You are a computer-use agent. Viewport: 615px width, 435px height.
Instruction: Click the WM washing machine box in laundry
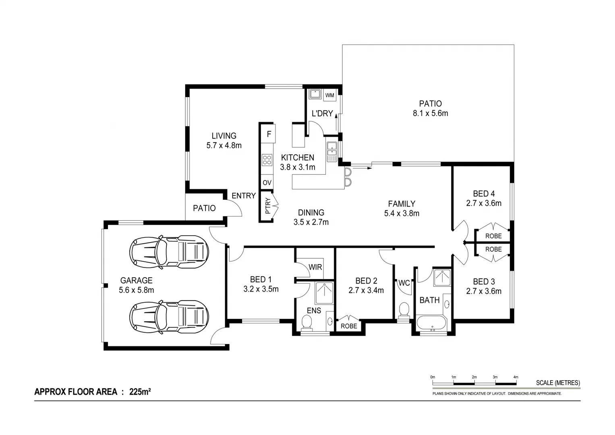tap(329, 95)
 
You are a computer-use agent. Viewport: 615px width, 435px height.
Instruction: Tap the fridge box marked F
tap(269, 134)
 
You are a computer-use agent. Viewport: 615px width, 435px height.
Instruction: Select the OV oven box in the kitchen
tap(267, 183)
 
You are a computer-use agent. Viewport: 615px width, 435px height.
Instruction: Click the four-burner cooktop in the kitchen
tap(267, 160)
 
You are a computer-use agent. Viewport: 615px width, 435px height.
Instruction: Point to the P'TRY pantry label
tap(268, 206)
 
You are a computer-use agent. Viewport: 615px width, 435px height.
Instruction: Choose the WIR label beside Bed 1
tap(315, 267)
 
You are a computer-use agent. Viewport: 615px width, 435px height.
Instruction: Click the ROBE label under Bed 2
tap(349, 326)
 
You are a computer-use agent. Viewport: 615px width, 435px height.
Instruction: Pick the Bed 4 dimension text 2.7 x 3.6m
tap(484, 203)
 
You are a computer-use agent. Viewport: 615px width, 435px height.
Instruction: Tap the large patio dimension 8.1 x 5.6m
tap(430, 114)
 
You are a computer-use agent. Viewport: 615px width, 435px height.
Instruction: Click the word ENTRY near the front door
tap(243, 196)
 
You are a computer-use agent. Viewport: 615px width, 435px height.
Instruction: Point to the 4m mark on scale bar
tap(516, 377)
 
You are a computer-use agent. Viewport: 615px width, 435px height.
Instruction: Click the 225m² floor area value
tap(140, 391)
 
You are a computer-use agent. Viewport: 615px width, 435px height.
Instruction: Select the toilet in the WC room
tap(403, 311)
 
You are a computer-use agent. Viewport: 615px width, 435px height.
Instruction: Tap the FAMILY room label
tap(402, 204)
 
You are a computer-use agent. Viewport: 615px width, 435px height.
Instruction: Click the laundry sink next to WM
tap(315, 95)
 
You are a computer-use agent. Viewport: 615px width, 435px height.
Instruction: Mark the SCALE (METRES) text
tap(558, 383)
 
